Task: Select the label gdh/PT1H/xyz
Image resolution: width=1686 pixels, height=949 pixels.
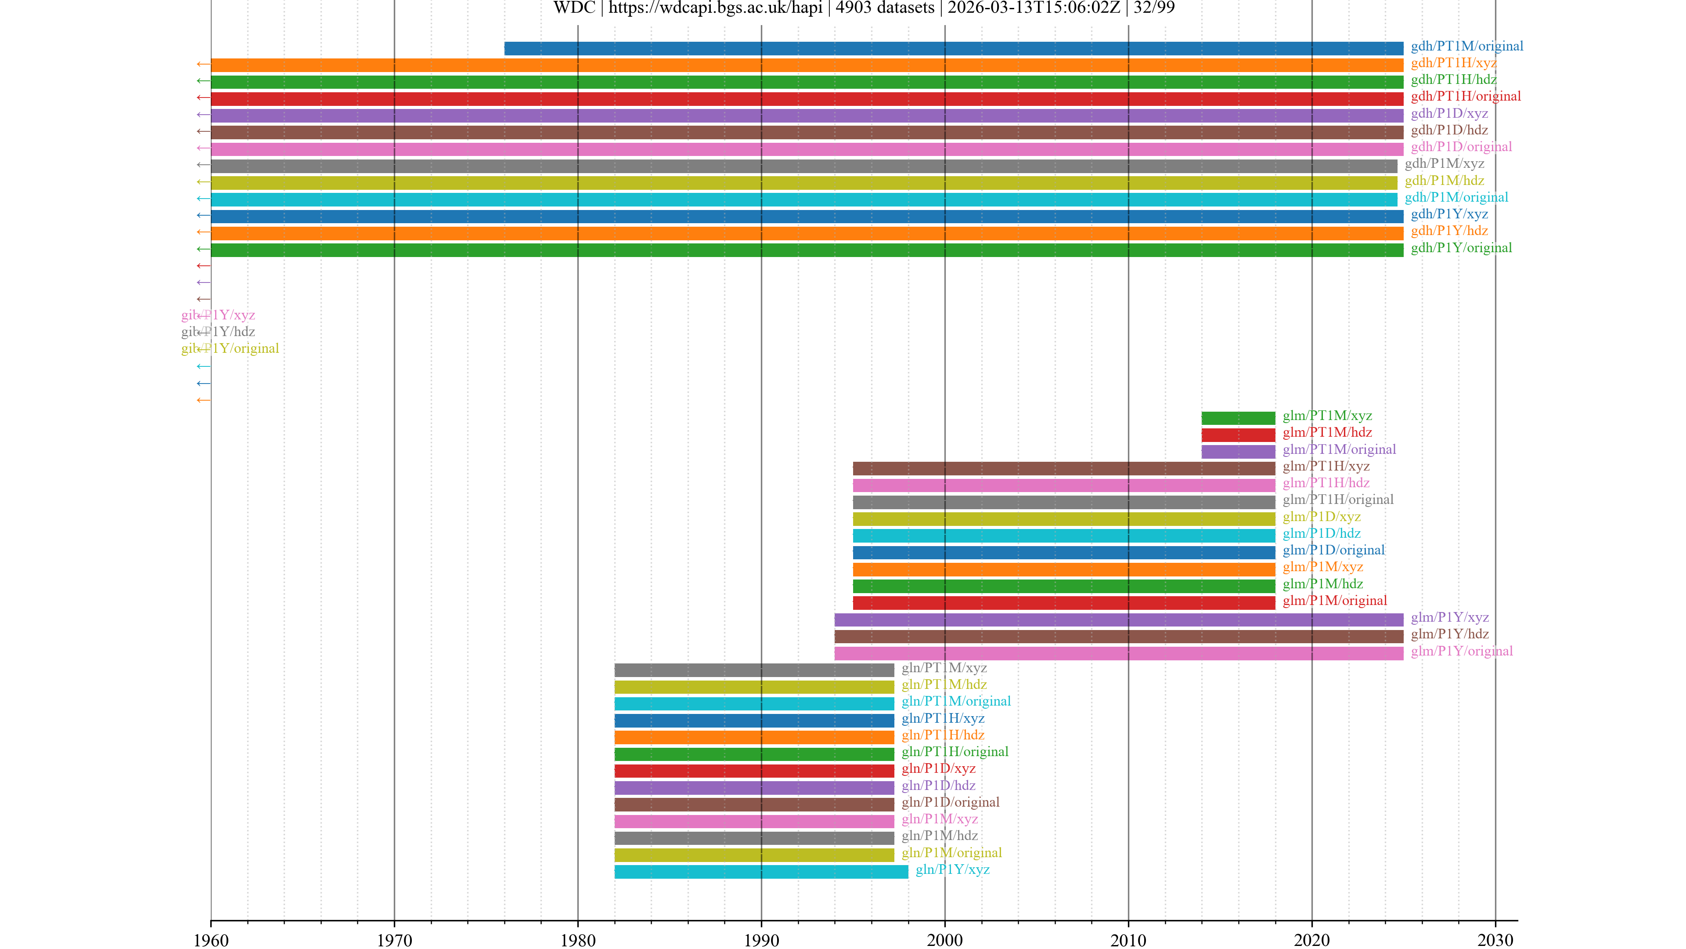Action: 1453,63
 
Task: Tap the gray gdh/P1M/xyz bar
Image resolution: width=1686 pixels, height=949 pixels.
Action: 804,166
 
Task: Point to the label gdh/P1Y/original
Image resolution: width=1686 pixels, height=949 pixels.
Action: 1461,247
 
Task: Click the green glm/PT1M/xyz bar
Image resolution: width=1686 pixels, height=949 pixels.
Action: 1238,418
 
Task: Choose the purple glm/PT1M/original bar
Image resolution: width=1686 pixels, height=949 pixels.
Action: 1238,451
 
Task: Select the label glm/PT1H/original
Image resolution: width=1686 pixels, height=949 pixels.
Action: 1338,500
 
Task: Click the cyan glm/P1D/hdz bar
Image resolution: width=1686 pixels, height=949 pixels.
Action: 1063,536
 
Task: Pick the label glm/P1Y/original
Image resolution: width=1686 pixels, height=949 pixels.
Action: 1462,651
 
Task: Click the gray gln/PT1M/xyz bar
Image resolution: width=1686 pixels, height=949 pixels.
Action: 754,670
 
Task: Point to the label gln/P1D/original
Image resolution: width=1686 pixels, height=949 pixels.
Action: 950,802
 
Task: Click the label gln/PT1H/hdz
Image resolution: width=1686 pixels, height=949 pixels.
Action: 943,735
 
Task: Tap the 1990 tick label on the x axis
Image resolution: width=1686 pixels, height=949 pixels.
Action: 761,941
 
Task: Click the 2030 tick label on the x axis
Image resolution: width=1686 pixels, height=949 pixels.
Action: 1495,941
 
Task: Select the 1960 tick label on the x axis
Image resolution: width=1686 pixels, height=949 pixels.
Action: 211,941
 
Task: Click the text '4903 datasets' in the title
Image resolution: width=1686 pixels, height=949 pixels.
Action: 884,8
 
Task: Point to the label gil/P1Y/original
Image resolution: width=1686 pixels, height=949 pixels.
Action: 230,348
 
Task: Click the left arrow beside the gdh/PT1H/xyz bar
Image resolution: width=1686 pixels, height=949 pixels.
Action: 203,64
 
